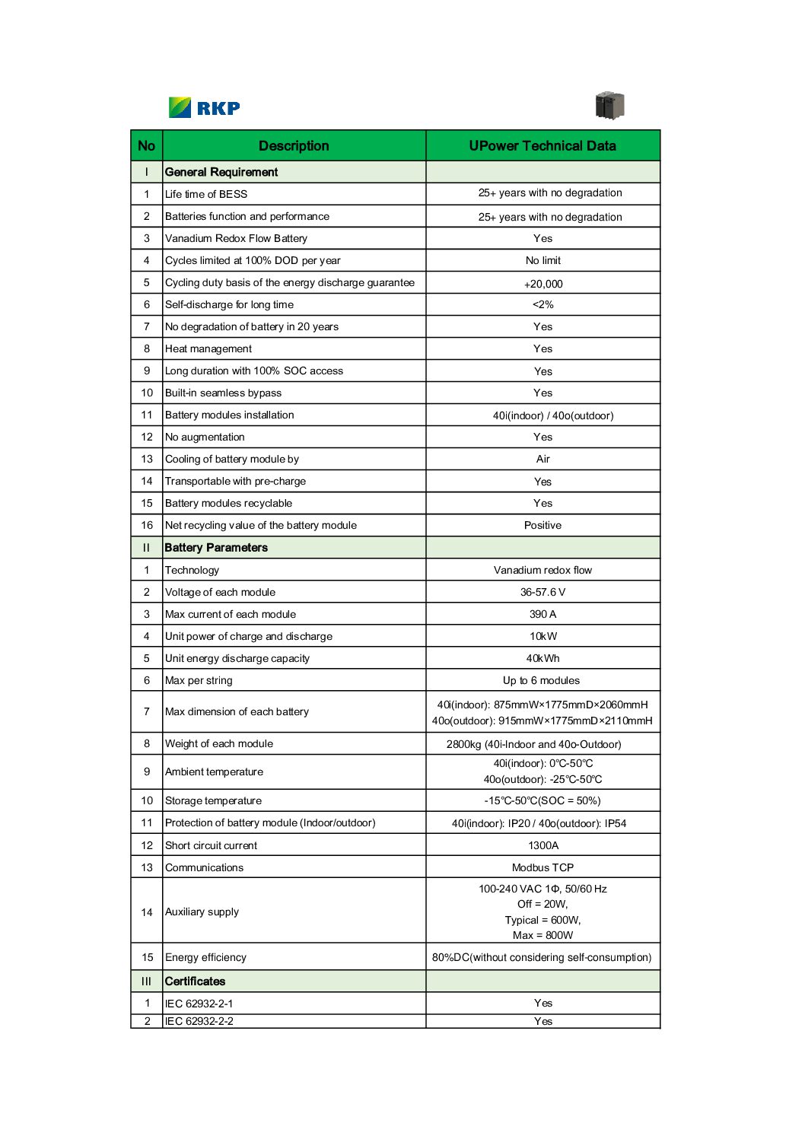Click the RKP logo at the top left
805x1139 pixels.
pyautogui.click(x=204, y=107)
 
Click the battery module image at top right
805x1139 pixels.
pyautogui.click(x=609, y=106)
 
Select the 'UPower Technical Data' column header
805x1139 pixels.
pyautogui.click(x=542, y=146)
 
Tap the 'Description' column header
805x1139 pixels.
pyautogui.click(x=294, y=146)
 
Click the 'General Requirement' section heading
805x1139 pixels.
pyautogui.click(x=221, y=172)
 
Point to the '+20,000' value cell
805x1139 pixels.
pyautogui.click(x=543, y=284)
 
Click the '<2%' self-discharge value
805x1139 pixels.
pyautogui.click(x=543, y=304)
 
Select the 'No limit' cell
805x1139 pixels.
pyautogui.click(x=543, y=260)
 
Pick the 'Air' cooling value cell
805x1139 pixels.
pyautogui.click(x=543, y=459)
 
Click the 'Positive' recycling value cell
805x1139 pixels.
pyautogui.click(x=543, y=525)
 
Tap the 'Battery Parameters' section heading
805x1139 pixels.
pyautogui.click(x=216, y=548)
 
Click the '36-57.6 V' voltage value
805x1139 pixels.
pyautogui.click(x=543, y=592)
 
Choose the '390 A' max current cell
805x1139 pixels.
pyautogui.click(x=543, y=614)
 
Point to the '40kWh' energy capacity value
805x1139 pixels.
pyautogui.click(x=543, y=658)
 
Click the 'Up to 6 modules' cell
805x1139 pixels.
pyautogui.click(x=542, y=680)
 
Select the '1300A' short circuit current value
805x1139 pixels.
pyautogui.click(x=543, y=845)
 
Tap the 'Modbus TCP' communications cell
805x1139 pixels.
pyautogui.click(x=543, y=867)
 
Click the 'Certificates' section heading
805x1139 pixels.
pyautogui.click(x=195, y=982)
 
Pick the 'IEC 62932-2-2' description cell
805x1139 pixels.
pyautogui.click(x=199, y=1021)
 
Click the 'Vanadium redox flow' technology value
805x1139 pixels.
pyautogui.click(x=543, y=570)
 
